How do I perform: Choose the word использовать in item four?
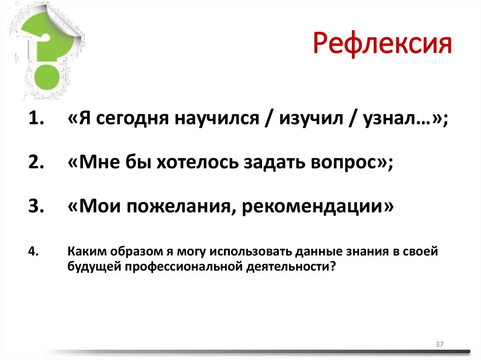point(251,251)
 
